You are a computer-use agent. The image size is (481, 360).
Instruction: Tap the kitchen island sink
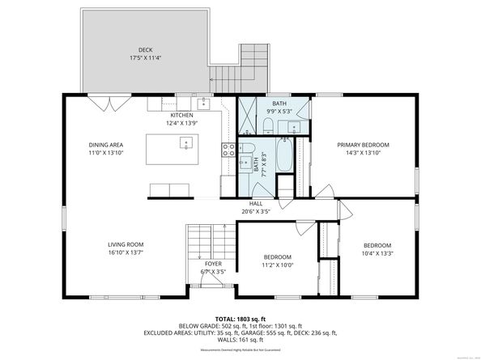pyautogui.click(x=185, y=143)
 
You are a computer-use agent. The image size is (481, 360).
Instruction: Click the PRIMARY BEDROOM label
pyautogui.click(x=363, y=145)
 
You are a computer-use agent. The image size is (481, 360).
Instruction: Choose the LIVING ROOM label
pyautogui.click(x=126, y=244)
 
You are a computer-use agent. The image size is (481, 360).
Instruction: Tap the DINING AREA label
pyautogui.click(x=105, y=145)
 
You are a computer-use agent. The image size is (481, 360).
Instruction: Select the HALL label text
pyautogui.click(x=256, y=203)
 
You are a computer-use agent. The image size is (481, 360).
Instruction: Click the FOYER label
pyautogui.click(x=213, y=264)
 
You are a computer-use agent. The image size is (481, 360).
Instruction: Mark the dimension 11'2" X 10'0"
pyautogui.click(x=276, y=265)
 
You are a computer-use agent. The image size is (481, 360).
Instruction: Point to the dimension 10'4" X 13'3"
pyautogui.click(x=377, y=253)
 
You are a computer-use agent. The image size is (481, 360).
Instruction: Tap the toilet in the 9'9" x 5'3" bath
pyautogui.click(x=266, y=125)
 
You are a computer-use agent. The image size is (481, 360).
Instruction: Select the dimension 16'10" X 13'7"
pyautogui.click(x=126, y=252)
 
